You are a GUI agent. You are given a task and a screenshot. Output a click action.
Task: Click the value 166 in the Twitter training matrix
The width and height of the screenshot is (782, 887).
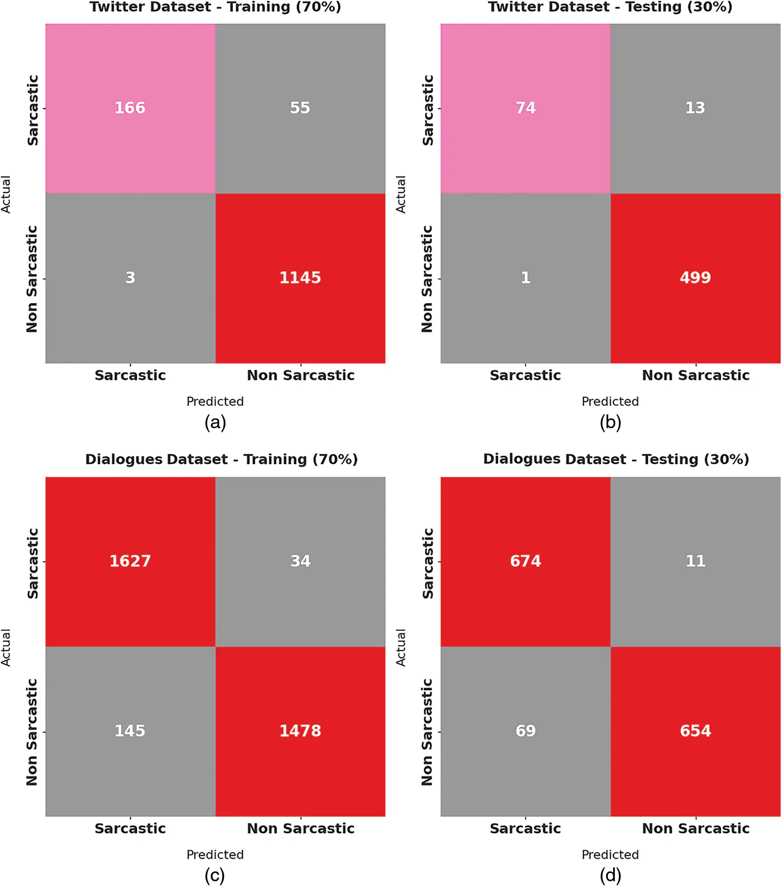(130, 108)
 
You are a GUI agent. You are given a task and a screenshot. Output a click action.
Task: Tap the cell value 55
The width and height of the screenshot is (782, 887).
(300, 108)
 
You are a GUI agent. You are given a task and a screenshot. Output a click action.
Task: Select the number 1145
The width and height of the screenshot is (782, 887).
(300, 278)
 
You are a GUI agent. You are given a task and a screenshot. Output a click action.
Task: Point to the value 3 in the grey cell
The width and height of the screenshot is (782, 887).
(130, 278)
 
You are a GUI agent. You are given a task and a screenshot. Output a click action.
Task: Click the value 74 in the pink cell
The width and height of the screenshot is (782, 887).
(525, 108)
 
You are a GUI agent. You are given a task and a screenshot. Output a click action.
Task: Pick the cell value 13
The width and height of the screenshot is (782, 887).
(695, 108)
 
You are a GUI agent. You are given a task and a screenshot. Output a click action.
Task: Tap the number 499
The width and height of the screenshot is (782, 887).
(695, 278)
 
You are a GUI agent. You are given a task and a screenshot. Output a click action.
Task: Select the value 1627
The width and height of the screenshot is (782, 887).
(130, 561)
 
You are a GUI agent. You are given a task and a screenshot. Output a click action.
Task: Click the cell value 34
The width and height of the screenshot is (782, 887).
(300, 561)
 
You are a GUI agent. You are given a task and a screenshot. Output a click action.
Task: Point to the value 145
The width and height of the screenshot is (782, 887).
(130, 731)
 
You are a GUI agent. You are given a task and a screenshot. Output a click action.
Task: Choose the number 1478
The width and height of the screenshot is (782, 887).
(300, 731)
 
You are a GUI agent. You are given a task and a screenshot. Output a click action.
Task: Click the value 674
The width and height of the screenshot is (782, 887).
(525, 561)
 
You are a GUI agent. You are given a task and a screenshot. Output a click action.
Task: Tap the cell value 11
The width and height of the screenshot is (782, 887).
(695, 561)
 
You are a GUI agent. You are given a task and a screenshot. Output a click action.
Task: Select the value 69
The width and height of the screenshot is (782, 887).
(525, 731)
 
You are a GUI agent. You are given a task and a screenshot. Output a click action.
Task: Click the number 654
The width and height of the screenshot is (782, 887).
(695, 731)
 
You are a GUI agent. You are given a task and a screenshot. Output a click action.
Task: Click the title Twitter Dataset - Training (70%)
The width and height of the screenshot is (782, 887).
(215, 7)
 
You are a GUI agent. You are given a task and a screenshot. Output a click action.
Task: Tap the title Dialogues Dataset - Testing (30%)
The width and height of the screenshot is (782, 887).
(616, 459)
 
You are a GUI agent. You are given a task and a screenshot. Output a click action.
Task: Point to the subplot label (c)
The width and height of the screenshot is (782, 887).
(215, 875)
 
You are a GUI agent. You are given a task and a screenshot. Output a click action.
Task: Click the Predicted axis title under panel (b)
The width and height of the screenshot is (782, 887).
(610, 401)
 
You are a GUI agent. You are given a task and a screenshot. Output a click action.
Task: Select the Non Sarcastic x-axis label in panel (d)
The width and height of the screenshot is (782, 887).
(696, 828)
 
